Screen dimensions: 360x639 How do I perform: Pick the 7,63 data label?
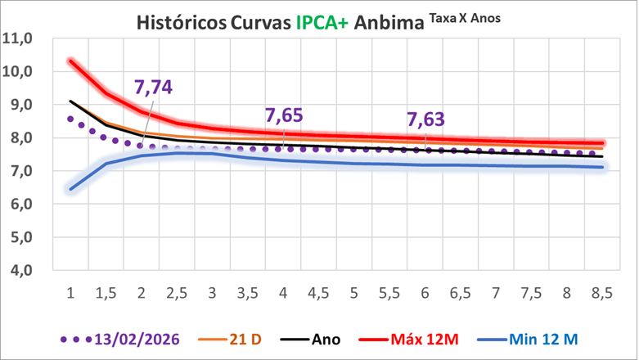click(426, 120)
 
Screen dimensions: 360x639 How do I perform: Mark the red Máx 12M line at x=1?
click(71, 61)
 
